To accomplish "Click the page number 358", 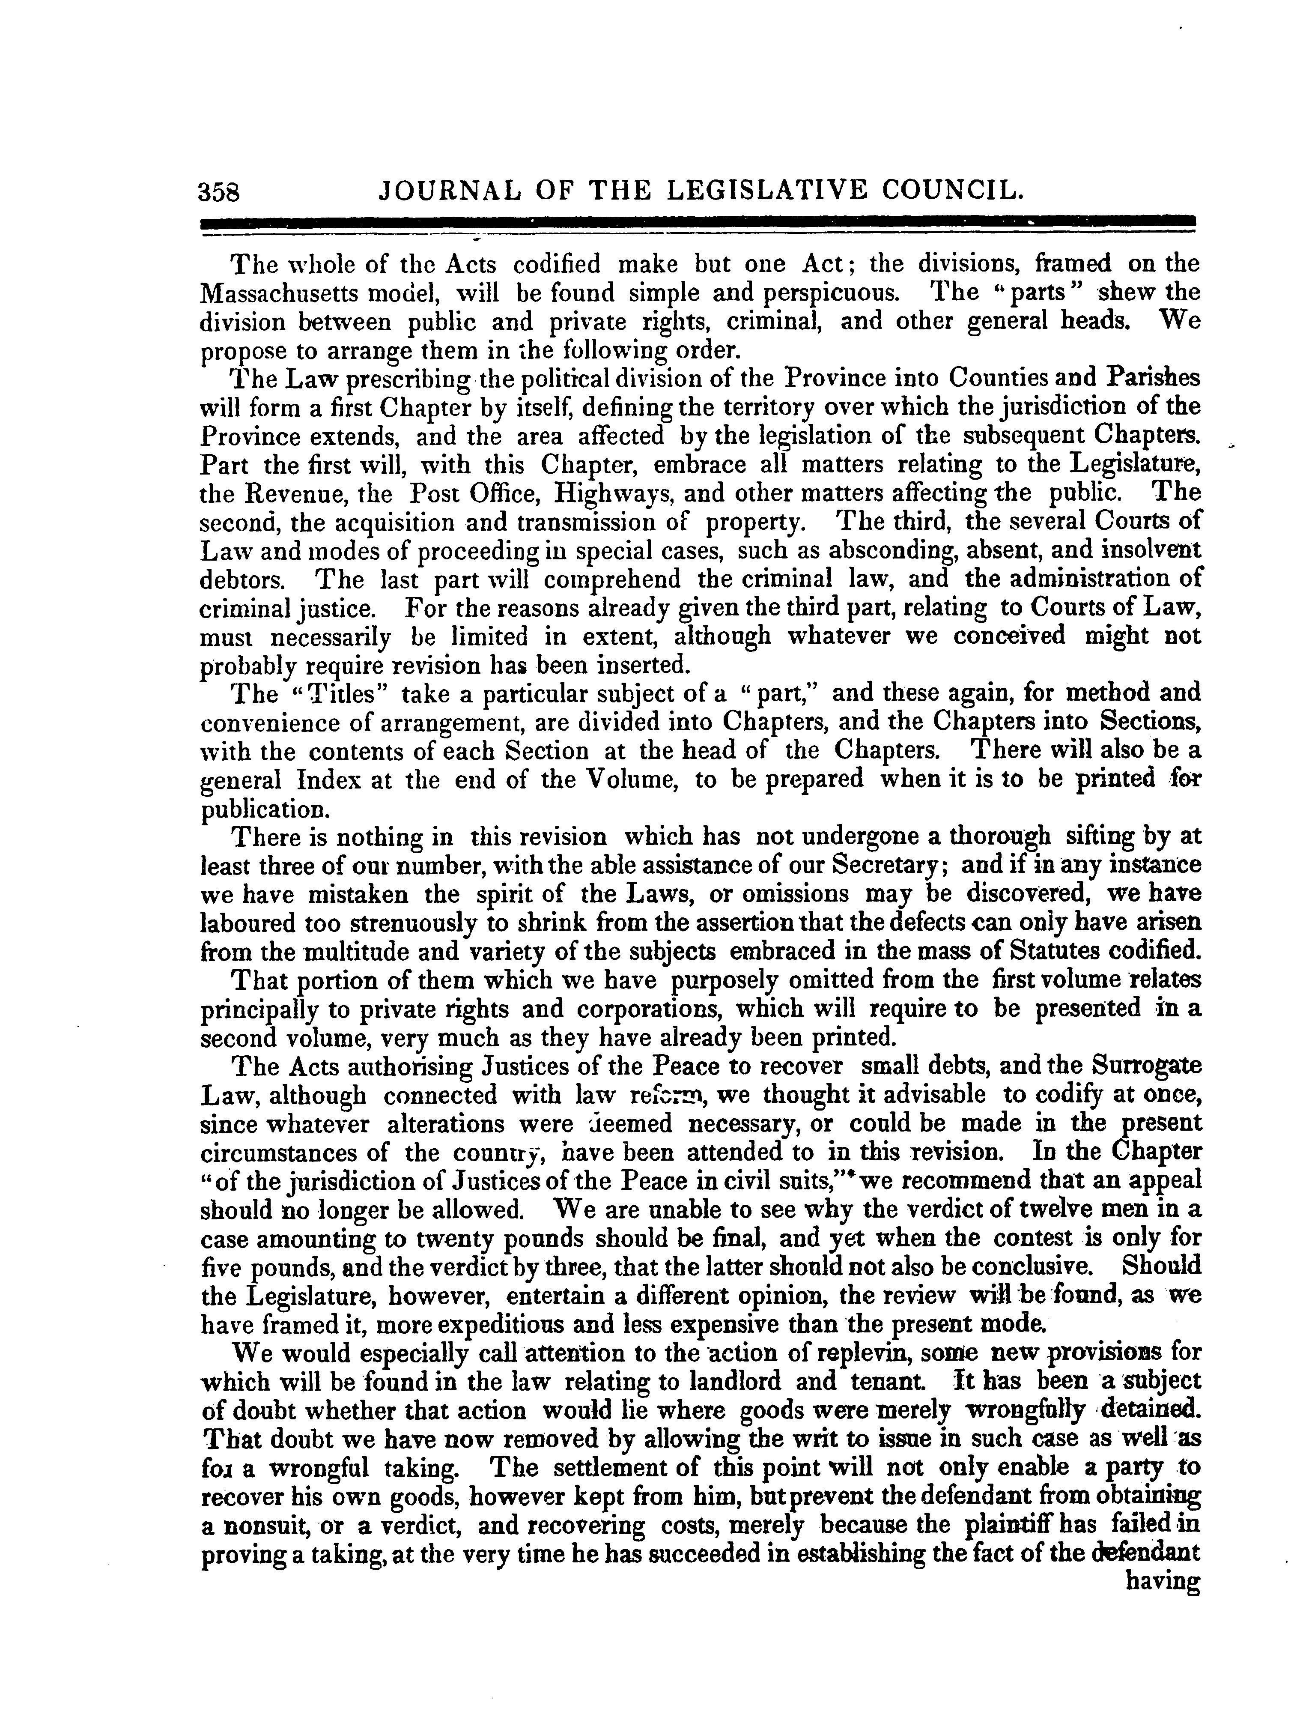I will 224,192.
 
